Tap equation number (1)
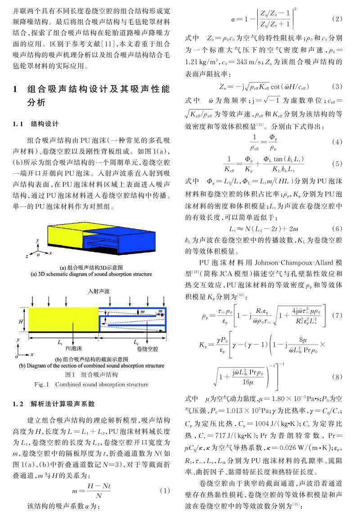coord(165,491)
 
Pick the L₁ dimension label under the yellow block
coord(60,342)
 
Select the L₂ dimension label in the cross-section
coord(136,342)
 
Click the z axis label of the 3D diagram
coord(27,255)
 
